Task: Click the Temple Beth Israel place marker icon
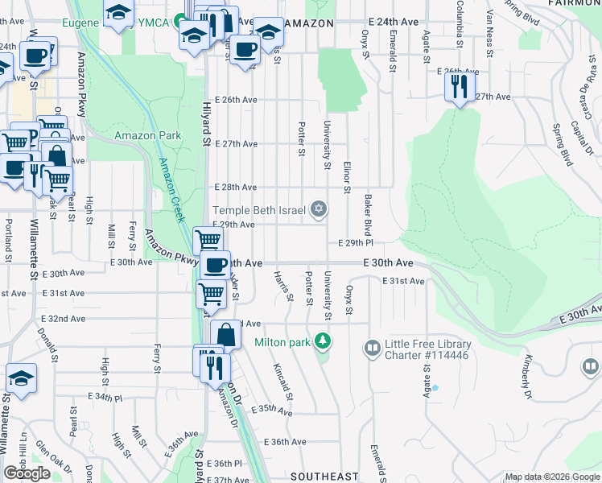tap(319, 210)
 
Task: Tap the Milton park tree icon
tap(324, 341)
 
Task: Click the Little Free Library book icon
tap(372, 349)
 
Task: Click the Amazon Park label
tap(147, 135)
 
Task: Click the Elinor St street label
tap(347, 178)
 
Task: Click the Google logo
tap(27, 473)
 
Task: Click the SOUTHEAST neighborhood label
tap(324, 477)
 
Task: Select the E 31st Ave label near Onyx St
tap(403, 281)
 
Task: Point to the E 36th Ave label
tap(286, 442)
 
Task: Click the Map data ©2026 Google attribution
tap(551, 477)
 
